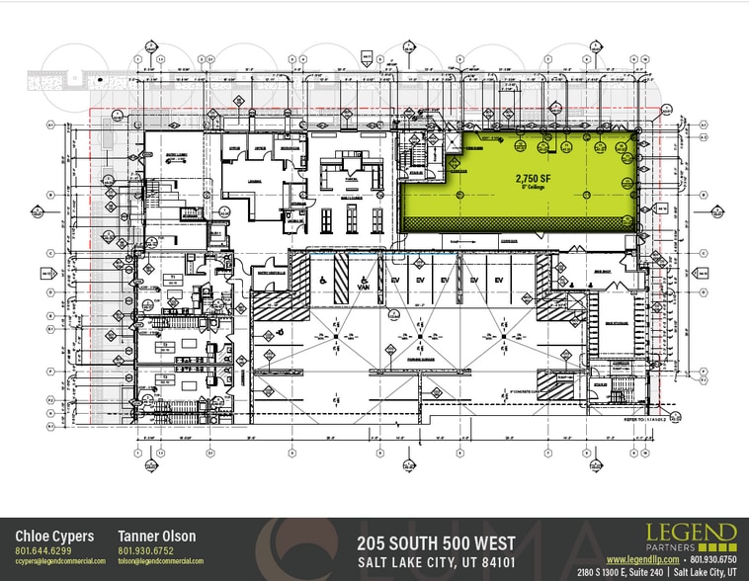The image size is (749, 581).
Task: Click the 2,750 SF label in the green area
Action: tap(532, 178)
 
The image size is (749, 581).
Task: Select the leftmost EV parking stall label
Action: tap(391, 282)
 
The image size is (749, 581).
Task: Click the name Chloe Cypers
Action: tap(54, 537)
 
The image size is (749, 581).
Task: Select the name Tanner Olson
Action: tap(156, 537)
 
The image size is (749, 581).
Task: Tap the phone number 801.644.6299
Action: tap(41, 550)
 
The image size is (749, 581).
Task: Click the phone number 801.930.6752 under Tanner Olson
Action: tap(145, 550)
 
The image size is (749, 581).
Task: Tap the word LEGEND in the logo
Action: tap(692, 531)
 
